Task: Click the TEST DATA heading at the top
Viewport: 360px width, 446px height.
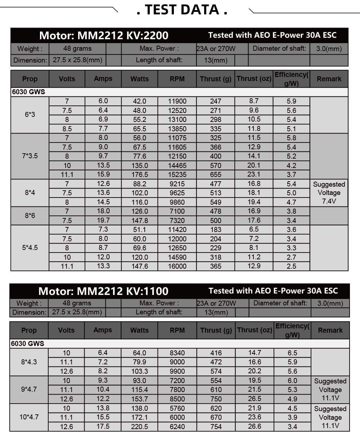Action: click(182, 10)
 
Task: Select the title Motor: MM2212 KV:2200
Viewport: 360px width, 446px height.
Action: click(104, 35)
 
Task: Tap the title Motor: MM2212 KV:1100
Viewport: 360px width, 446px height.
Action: click(103, 291)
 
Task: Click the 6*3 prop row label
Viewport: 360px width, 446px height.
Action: click(30, 115)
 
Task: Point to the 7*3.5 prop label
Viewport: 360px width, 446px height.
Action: click(30, 156)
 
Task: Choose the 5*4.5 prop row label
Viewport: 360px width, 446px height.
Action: click(30, 247)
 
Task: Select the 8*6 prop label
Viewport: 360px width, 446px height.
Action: click(30, 215)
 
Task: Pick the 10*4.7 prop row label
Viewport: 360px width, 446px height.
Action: click(29, 417)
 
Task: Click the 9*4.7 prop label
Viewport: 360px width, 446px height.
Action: click(29, 389)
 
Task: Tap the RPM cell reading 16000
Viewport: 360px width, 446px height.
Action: click(177, 266)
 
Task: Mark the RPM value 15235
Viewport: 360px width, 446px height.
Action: click(177, 174)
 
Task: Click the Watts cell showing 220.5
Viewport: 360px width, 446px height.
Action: click(139, 427)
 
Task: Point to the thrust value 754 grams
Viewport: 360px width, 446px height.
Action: click(216, 427)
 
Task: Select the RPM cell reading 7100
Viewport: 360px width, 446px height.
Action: click(177, 211)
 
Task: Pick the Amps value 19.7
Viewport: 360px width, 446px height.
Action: click(103, 220)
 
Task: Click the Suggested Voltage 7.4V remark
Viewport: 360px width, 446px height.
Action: click(329, 193)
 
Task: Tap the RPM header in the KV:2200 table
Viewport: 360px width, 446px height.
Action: click(177, 79)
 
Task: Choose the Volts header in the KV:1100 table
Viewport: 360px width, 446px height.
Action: click(66, 330)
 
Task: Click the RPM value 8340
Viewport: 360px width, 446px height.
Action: click(177, 353)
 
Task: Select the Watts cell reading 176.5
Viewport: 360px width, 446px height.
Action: click(140, 174)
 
